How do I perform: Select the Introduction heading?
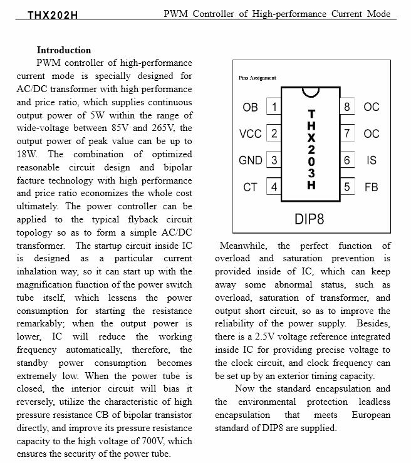[63, 49]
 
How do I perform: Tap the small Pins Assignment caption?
[258, 78]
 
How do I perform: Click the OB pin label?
[250, 107]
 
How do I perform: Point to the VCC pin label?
[250, 133]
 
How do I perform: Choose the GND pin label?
[250, 160]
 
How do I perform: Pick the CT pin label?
[250, 187]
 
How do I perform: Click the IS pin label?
[371, 160]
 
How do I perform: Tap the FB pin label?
[371, 187]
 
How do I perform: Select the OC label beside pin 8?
[371, 107]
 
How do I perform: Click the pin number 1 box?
[273, 107]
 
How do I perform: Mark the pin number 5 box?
[347, 187]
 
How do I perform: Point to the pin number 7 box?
[347, 133]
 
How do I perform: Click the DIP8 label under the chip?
[309, 220]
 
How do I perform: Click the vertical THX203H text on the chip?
[311, 149]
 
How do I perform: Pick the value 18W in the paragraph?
[27, 154]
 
